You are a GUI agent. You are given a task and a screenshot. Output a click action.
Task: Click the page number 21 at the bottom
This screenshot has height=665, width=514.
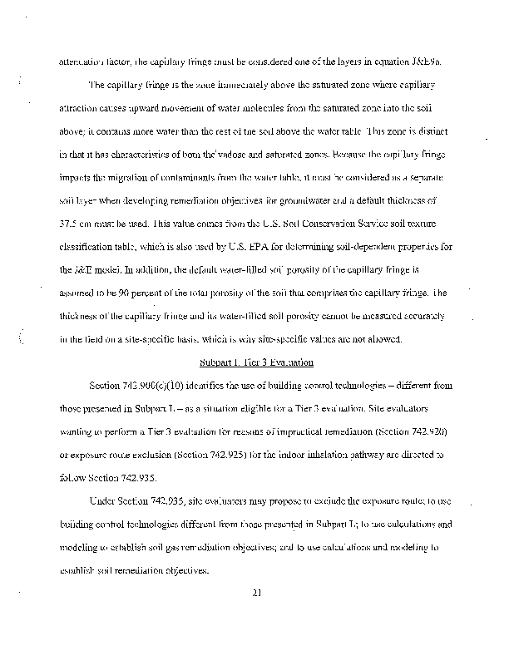(x=257, y=593)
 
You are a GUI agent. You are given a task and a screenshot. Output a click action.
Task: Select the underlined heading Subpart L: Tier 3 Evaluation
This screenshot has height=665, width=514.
(x=257, y=362)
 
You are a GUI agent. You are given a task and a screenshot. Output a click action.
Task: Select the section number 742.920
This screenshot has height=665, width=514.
(x=423, y=432)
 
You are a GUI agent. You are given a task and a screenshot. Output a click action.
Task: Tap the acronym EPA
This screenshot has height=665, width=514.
(x=291, y=248)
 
